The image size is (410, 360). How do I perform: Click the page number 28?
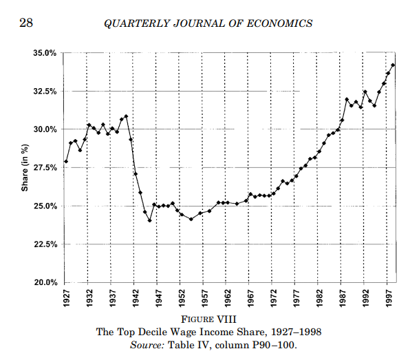point(26,23)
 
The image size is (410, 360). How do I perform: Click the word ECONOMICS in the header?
point(279,23)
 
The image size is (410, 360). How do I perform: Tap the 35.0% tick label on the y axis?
point(45,53)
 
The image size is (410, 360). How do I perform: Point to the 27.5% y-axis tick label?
point(45,168)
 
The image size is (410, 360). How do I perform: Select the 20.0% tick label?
point(45,282)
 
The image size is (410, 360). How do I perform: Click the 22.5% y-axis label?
point(45,244)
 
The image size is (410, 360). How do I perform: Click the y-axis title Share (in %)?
point(25,168)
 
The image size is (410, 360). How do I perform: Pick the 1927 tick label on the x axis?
point(67,298)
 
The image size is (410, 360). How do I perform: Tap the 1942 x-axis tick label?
point(136,298)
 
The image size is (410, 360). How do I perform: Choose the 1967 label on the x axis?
point(250,298)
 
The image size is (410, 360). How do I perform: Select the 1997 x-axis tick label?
point(389,298)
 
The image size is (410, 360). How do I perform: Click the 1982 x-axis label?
point(319,298)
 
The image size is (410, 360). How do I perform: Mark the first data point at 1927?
point(66,162)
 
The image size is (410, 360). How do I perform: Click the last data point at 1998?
point(393,65)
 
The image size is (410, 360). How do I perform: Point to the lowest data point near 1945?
point(149,220)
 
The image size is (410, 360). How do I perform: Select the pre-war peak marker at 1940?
point(127,116)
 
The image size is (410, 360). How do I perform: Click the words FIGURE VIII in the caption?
point(208,319)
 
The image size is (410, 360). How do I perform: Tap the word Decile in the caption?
point(153,332)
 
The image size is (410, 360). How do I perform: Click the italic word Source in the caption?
point(147,345)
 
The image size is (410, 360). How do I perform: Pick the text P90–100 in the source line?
point(274,345)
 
